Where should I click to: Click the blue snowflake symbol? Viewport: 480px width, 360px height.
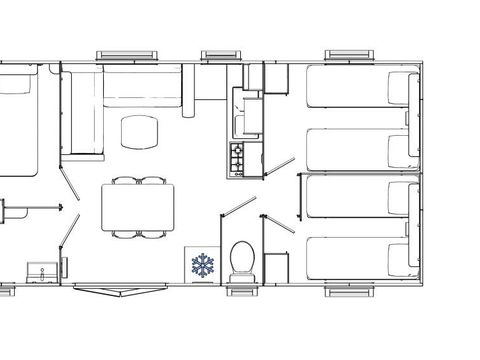tap(203, 265)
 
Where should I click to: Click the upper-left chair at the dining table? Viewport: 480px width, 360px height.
tap(125, 181)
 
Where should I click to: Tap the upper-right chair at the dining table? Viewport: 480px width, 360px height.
tap(153, 181)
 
